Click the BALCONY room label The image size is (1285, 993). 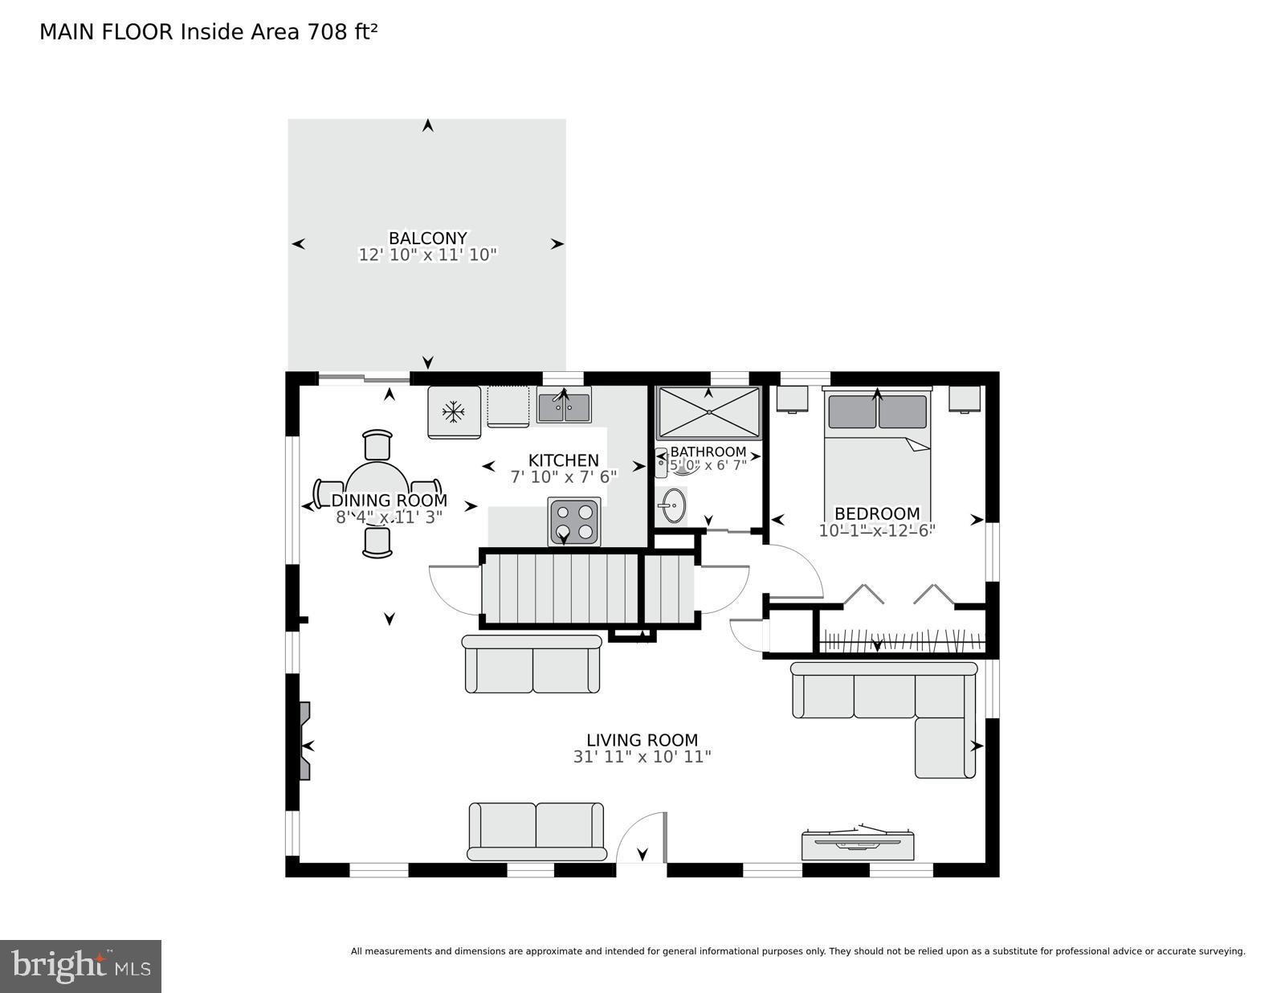pyautogui.click(x=427, y=239)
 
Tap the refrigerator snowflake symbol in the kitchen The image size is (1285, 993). pyautogui.click(x=455, y=412)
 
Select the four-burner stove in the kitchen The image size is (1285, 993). pyautogui.click(x=574, y=521)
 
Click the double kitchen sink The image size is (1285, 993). pyautogui.click(x=564, y=407)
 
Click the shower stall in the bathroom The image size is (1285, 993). pyautogui.click(x=708, y=412)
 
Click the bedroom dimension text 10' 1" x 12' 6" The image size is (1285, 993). pyautogui.click(x=877, y=531)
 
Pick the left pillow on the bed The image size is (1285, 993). pyautogui.click(x=851, y=412)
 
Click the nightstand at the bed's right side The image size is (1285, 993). pyautogui.click(x=964, y=398)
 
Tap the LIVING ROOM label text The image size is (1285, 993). pyautogui.click(x=642, y=740)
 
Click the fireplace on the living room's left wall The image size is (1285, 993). pyautogui.click(x=304, y=741)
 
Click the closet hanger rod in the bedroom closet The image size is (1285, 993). pyautogui.click(x=899, y=641)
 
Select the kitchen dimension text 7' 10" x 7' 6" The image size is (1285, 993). pyautogui.click(x=564, y=477)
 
